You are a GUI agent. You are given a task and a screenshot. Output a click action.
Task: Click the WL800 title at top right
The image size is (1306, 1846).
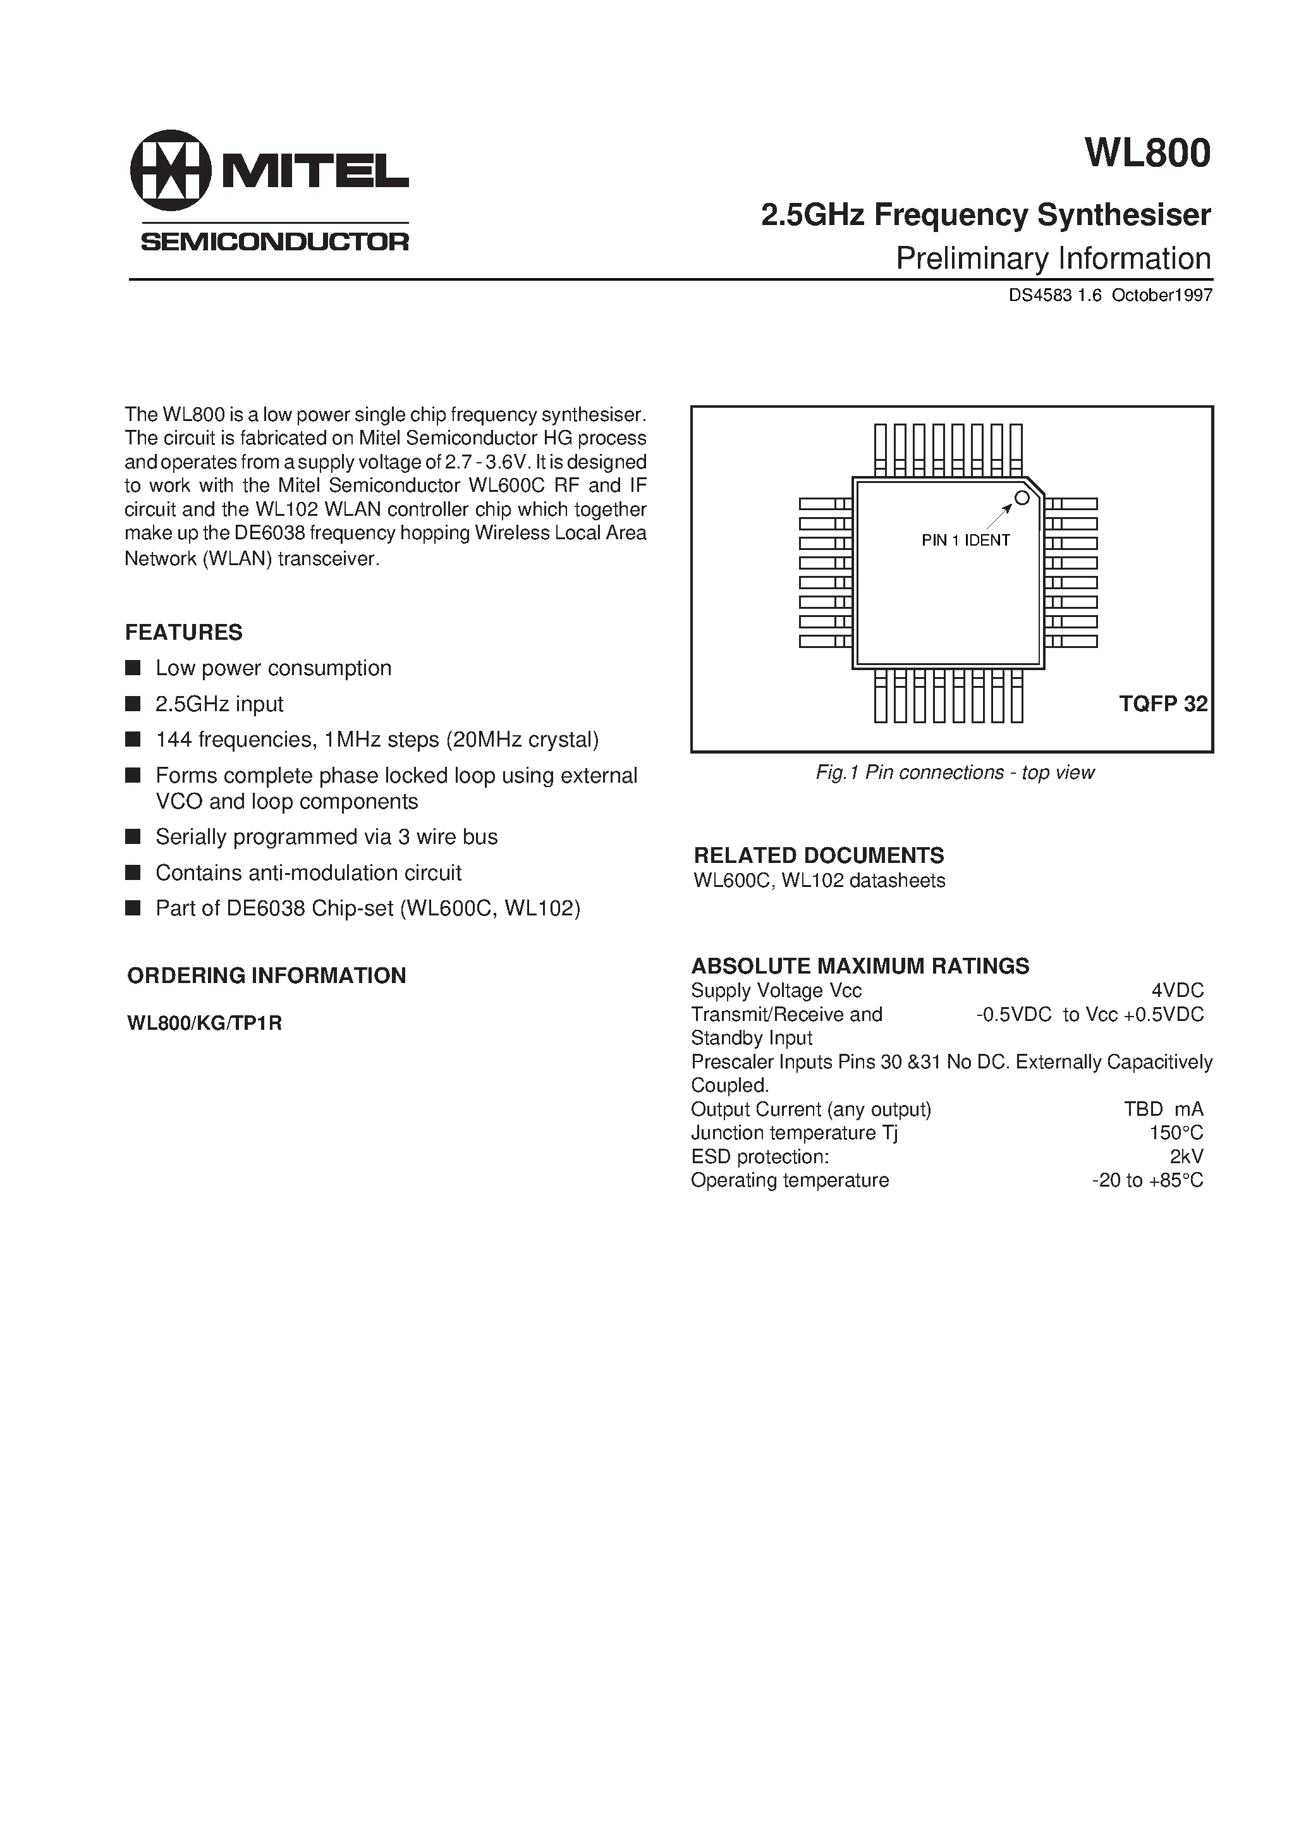[x=1147, y=154]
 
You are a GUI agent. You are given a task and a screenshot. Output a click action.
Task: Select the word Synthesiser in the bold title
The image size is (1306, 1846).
[x=1123, y=216]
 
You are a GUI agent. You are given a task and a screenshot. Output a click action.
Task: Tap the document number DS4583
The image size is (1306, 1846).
[x=1041, y=295]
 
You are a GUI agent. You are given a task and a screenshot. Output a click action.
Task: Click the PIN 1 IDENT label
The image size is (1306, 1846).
[x=965, y=541]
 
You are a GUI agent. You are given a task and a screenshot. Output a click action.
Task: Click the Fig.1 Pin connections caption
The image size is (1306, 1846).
[x=955, y=773]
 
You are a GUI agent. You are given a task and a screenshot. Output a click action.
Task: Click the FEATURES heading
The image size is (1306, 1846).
[x=183, y=633]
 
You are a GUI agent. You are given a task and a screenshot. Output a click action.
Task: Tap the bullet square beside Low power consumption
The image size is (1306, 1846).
[x=133, y=668]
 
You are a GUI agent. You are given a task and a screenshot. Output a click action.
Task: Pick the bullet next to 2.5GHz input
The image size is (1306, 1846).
[x=133, y=704]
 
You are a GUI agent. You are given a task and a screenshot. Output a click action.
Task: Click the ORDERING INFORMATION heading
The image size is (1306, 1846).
[x=266, y=975]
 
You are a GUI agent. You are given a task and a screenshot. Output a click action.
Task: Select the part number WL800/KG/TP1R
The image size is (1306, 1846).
[x=204, y=1024]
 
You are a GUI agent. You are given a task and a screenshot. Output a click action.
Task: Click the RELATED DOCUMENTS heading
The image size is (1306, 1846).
[x=819, y=855]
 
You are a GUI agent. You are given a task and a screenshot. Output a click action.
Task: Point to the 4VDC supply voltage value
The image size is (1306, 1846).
[x=1177, y=991]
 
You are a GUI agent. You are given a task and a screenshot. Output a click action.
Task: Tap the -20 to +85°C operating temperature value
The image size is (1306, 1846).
[x=1147, y=1180]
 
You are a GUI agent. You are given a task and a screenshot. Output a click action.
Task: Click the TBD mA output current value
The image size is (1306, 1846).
[x=1163, y=1109]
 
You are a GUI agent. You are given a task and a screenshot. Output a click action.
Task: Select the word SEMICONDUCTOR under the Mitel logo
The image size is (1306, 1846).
[x=275, y=242]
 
